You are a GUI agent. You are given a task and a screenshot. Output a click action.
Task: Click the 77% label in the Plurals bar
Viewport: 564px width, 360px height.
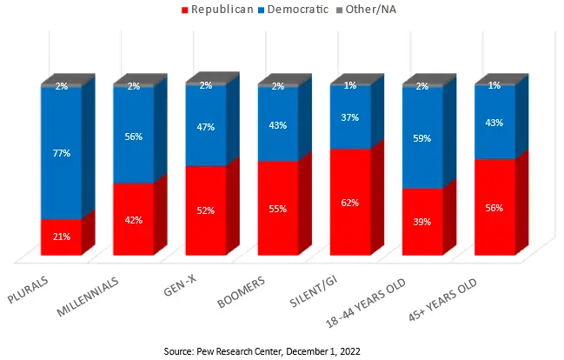click(61, 153)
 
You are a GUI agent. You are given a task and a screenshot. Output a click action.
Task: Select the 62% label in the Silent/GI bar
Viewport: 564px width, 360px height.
click(350, 203)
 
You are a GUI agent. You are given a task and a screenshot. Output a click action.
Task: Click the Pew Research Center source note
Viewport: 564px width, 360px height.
click(262, 350)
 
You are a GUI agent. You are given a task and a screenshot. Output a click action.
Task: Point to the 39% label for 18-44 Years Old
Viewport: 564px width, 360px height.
click(422, 223)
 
